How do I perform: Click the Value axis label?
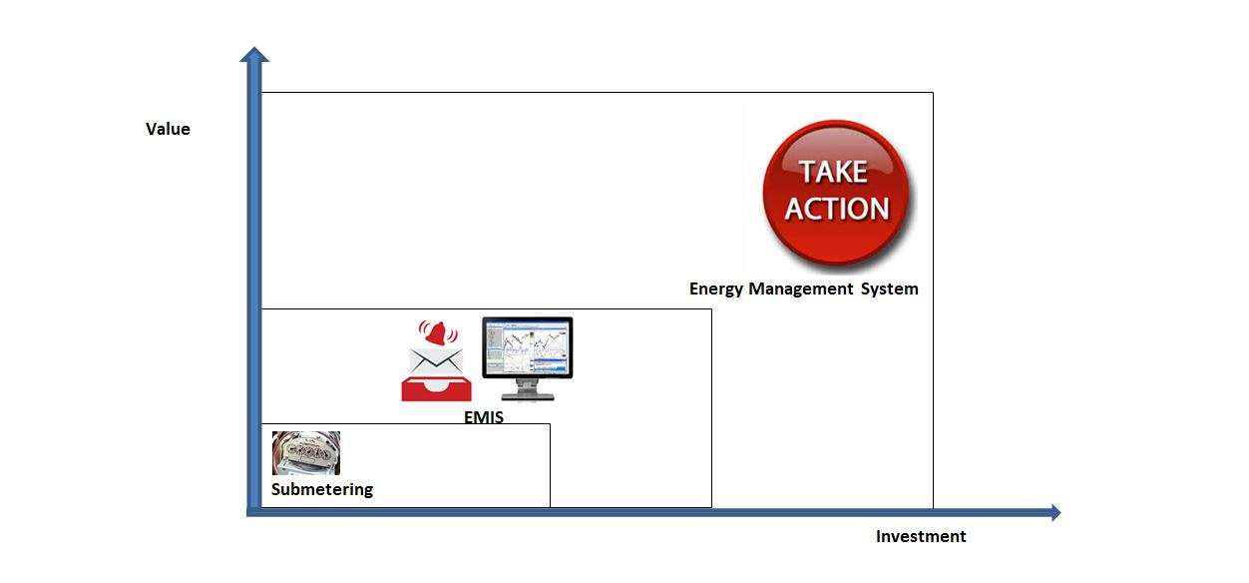[168, 129]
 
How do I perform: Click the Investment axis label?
[921, 536]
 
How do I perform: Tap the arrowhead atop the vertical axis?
[254, 54]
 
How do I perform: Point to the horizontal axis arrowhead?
[1055, 512]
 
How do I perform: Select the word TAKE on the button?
[834, 172]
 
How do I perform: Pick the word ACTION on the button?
[836, 209]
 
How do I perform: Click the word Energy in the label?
[716, 289]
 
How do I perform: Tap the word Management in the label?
[800, 289]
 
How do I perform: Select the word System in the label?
[889, 289]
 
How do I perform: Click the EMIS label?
[484, 416]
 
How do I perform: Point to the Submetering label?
[322, 489]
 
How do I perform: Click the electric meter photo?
[306, 453]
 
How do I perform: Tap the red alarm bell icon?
[438, 333]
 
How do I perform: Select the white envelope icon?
[436, 361]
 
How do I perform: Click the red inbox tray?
[436, 389]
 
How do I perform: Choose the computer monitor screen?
[527, 347]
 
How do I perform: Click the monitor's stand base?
[528, 396]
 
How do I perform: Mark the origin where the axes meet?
[254, 512]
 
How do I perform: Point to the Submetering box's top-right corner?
[550, 424]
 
